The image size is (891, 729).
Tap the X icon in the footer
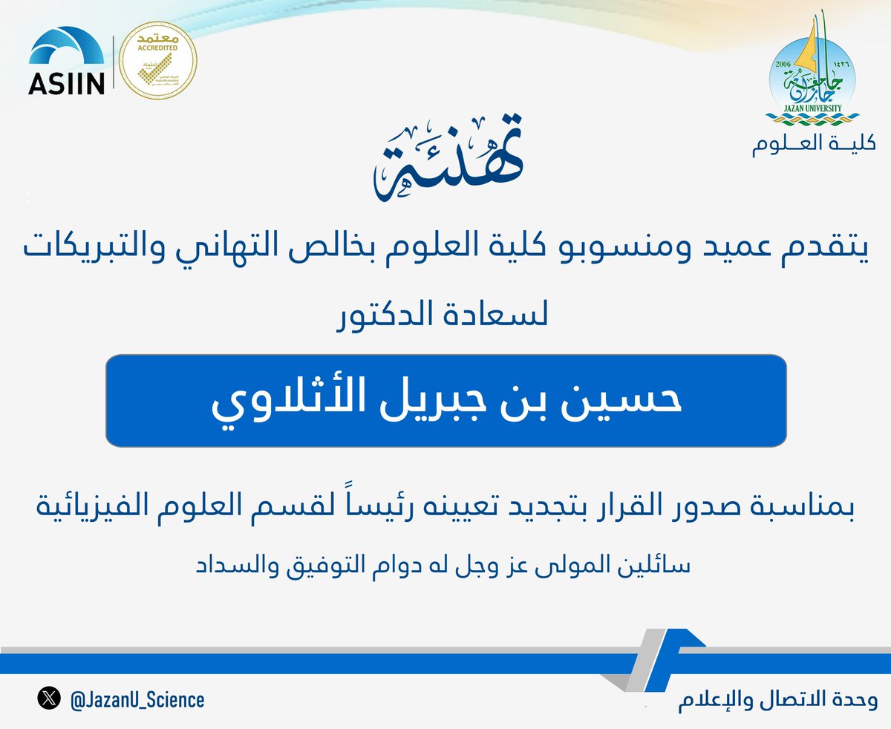click(x=49, y=699)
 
